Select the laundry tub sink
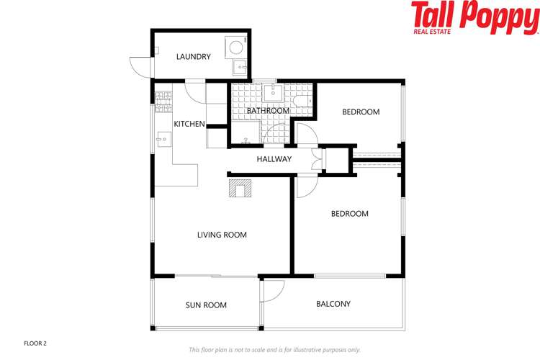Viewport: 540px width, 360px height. point(240,68)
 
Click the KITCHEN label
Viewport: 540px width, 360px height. point(189,124)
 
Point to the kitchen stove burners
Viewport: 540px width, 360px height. point(163,97)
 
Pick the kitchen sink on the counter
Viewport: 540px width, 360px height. point(163,139)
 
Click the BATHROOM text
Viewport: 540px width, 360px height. point(268,110)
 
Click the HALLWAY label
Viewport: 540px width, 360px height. point(274,159)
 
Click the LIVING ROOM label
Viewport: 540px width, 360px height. point(222,235)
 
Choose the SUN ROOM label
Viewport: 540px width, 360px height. point(206,305)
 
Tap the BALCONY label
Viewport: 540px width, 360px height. point(333,304)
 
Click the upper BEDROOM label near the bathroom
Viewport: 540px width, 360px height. point(361,112)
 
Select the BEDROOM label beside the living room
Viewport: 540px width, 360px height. point(349,214)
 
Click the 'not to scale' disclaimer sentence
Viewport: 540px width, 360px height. point(274,349)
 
